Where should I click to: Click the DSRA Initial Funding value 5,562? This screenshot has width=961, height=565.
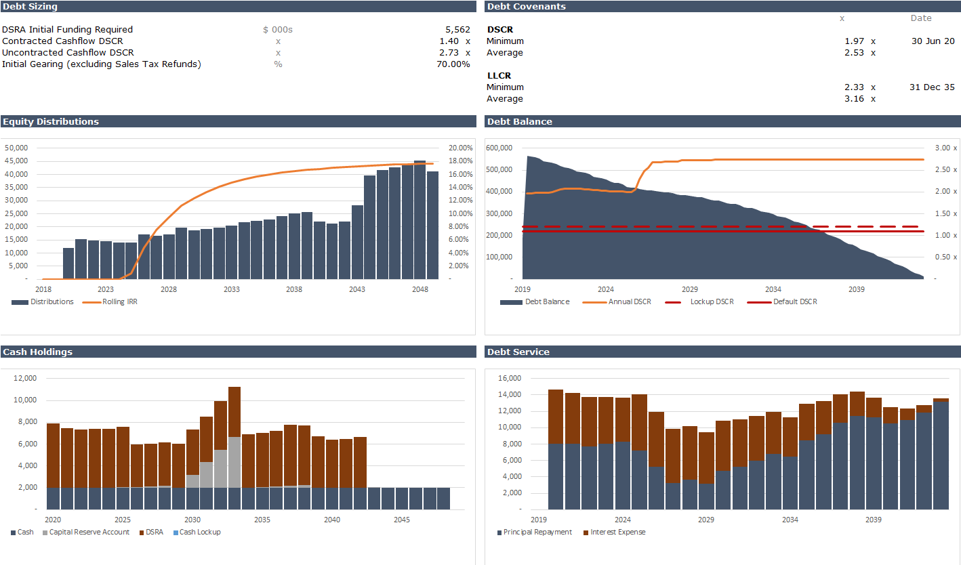pyautogui.click(x=457, y=30)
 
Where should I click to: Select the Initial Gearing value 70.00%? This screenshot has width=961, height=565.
pyautogui.click(x=453, y=64)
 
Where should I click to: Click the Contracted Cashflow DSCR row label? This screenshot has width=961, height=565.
pyautogui.click(x=62, y=41)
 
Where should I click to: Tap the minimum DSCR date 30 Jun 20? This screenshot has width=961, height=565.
pyautogui.click(x=933, y=41)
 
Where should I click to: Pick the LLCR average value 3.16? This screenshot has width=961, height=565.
pyautogui.click(x=854, y=99)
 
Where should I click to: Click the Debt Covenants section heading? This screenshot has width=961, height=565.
pyautogui.click(x=527, y=7)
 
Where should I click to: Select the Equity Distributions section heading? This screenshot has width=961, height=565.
pyautogui.click(x=51, y=122)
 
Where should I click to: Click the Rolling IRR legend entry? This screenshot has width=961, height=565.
pyautogui.click(x=119, y=302)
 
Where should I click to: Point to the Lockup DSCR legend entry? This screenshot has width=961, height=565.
pyautogui.click(x=712, y=302)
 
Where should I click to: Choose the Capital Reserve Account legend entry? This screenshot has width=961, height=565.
pyautogui.click(x=89, y=532)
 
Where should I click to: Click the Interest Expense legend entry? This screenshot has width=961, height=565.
pyautogui.click(x=617, y=532)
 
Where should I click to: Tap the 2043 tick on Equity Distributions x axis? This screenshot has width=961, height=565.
pyautogui.click(x=357, y=289)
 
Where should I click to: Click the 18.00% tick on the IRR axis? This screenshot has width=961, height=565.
pyautogui.click(x=460, y=161)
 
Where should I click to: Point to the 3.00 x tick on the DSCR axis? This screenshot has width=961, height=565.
pyautogui.click(x=945, y=148)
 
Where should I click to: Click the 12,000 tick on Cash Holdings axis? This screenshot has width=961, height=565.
pyautogui.click(x=25, y=378)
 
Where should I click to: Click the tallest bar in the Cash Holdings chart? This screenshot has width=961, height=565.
pyautogui.click(x=234, y=447)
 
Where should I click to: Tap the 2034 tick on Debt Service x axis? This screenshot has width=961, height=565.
pyautogui.click(x=790, y=520)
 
